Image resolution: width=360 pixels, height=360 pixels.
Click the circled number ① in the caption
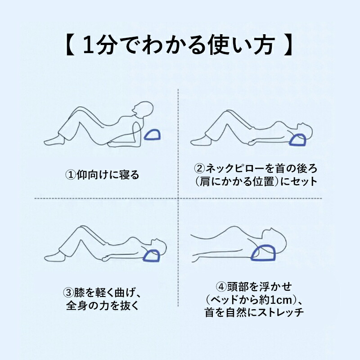71,175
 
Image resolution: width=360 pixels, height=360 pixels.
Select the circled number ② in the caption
199,168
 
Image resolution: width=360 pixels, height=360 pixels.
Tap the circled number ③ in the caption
68,293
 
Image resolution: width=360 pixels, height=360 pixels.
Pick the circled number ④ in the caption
221,287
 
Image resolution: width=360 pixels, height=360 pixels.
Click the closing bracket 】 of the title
288,45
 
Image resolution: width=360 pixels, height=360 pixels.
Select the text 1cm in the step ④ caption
282,300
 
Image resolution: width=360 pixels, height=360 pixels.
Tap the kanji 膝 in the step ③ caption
79,293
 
